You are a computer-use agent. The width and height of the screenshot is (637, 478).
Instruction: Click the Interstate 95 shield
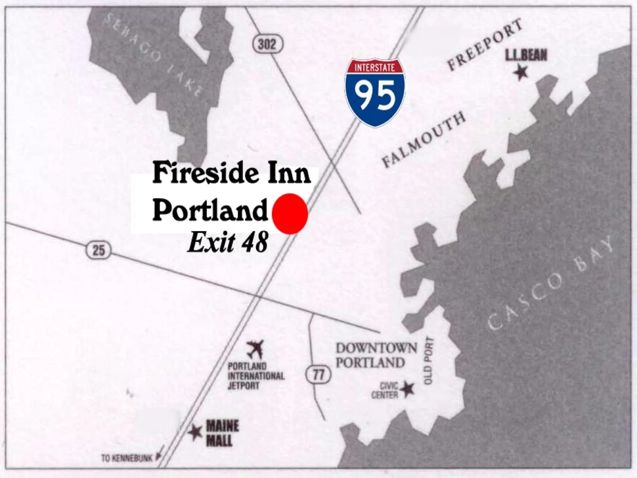(375, 93)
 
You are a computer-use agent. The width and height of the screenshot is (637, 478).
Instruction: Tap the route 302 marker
(267, 45)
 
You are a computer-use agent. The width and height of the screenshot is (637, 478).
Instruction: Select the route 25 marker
(98, 250)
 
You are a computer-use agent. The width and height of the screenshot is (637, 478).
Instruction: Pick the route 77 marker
(318, 375)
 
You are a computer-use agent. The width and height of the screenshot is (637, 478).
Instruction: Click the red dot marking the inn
(290, 213)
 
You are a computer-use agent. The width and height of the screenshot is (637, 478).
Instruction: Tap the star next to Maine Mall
(195, 432)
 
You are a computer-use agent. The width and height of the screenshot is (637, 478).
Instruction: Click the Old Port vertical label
(429, 361)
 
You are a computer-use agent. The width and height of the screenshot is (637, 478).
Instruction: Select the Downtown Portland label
(376, 355)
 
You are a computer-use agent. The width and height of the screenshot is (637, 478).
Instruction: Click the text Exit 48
(228, 243)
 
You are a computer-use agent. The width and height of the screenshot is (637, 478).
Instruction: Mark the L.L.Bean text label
(526, 55)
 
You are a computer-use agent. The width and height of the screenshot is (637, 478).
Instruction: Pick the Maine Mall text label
(222, 433)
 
